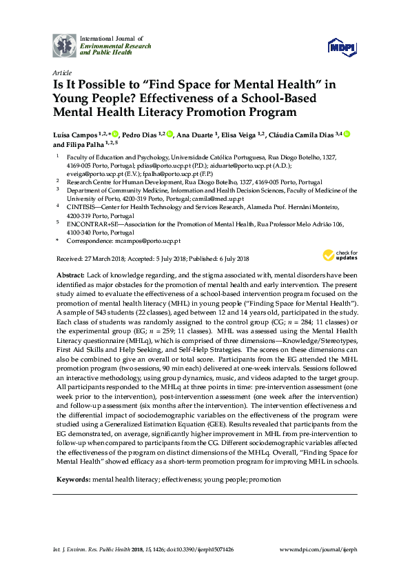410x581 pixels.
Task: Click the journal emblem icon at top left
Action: (65, 45)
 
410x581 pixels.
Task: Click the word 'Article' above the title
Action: (61, 72)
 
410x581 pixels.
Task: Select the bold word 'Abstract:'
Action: (70, 274)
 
